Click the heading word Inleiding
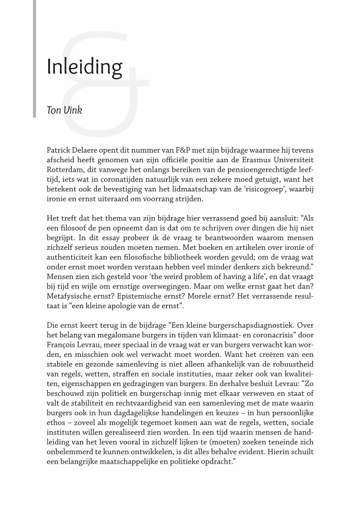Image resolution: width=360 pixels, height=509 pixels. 85,67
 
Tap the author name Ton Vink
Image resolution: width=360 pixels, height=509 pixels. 64,111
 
